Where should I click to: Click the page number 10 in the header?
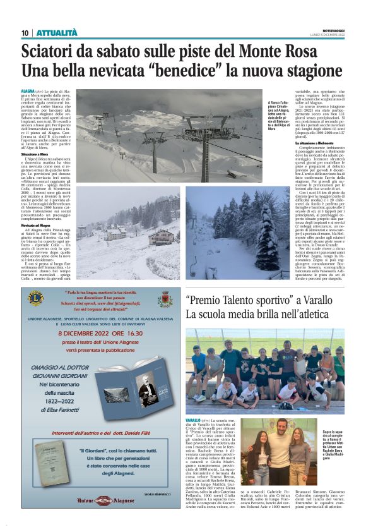coord(26,33)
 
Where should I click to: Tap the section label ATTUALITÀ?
coord(57,33)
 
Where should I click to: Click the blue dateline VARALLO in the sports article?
coord(193,420)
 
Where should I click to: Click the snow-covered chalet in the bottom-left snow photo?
coord(162,237)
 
